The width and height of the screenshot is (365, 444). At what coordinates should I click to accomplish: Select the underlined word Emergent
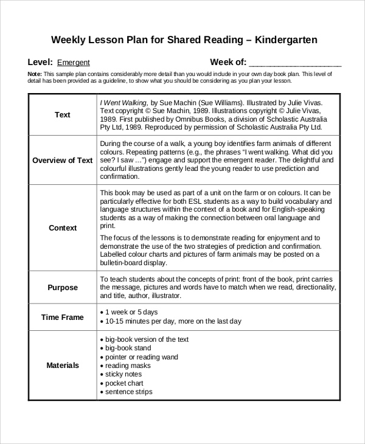(x=74, y=63)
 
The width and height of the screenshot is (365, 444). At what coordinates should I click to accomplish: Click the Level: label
(x=40, y=62)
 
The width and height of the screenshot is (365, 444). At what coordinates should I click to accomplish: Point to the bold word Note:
(x=35, y=74)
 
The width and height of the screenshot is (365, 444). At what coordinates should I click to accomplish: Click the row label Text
(x=62, y=115)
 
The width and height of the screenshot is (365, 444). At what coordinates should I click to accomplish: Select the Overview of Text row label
(x=62, y=161)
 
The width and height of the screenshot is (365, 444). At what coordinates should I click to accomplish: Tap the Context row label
(x=62, y=228)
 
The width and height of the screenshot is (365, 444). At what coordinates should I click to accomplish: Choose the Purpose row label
(x=62, y=288)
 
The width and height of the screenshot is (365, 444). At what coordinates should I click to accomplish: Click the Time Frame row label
(x=62, y=317)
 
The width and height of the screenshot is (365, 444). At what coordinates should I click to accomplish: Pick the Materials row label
(x=62, y=366)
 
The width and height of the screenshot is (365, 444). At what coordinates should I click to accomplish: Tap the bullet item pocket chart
(x=124, y=383)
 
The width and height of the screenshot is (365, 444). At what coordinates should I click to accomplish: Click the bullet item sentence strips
(x=128, y=392)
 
